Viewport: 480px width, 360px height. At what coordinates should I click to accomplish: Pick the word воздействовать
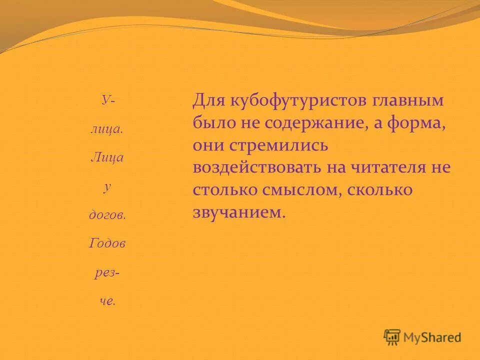256,167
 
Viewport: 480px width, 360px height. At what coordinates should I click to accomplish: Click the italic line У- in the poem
107,99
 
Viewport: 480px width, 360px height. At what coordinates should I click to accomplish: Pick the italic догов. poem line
107,215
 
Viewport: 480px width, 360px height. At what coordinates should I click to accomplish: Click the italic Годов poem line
107,243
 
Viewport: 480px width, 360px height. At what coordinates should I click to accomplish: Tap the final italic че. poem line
107,301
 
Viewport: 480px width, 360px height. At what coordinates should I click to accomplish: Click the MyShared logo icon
392,337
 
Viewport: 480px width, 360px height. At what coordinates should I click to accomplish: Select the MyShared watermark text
432,337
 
